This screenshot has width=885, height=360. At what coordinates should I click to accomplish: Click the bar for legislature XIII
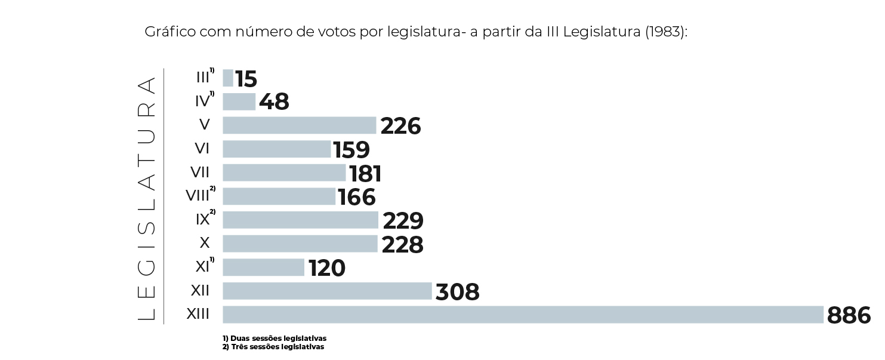coord(523,315)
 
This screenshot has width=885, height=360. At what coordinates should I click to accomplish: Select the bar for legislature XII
coord(327,291)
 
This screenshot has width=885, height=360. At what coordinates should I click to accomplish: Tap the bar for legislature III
coord(228,78)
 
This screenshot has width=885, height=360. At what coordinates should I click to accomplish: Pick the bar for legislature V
coord(299,125)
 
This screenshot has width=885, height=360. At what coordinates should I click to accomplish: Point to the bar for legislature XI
coord(263,267)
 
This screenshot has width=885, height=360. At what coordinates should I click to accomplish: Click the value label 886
coord(849,316)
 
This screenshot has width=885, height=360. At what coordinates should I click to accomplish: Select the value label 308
coord(458,293)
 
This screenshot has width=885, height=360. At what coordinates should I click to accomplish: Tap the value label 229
coord(403,221)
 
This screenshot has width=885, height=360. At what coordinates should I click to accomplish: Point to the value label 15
coord(246,79)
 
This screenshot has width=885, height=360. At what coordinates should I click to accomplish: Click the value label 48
coord(274,103)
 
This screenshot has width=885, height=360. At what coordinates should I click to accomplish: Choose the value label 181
coord(365,174)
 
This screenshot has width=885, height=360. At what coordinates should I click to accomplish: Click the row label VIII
coord(198,196)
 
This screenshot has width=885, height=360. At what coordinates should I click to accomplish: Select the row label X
coord(205,243)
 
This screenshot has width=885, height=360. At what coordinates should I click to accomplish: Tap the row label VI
coord(202,149)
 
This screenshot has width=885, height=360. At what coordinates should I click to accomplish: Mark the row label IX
coord(203,220)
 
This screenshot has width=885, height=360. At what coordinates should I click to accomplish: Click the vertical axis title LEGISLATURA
coord(147,198)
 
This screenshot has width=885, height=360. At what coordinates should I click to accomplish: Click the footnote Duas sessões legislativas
coord(275,339)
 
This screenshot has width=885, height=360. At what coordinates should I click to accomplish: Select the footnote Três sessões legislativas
coord(273,347)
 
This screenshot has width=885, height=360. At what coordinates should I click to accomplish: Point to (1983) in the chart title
coord(666,32)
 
